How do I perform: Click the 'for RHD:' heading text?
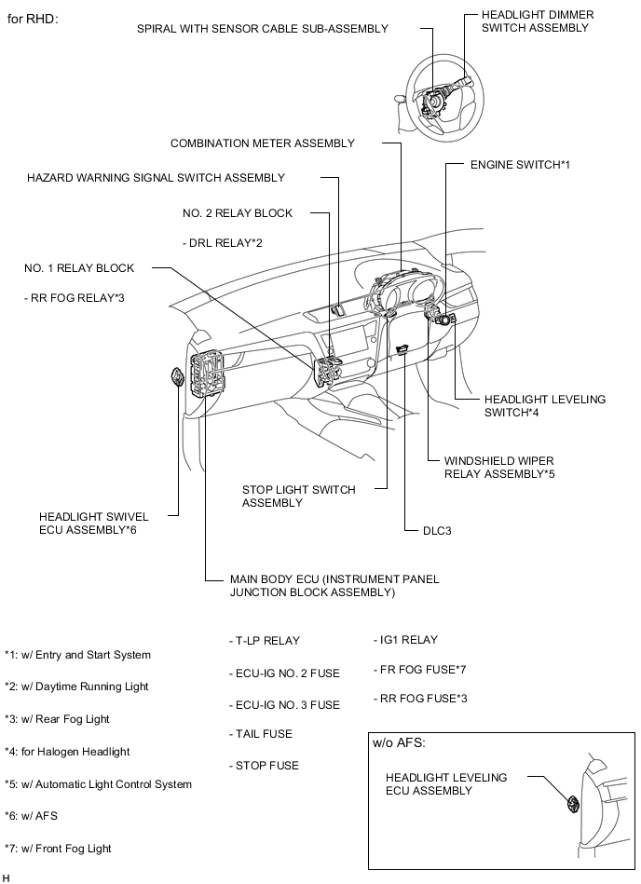(x=34, y=19)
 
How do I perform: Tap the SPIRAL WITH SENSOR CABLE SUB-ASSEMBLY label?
(x=262, y=29)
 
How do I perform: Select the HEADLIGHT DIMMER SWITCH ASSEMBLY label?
(x=537, y=21)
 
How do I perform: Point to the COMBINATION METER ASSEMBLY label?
(x=263, y=143)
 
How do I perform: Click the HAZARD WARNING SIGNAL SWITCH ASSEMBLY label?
(x=156, y=177)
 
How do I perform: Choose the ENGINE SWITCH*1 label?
(x=519, y=164)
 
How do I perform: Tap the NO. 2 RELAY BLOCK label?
(x=238, y=213)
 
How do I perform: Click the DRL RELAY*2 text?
(x=223, y=243)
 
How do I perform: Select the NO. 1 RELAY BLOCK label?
(x=79, y=268)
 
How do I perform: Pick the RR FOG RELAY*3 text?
(x=75, y=298)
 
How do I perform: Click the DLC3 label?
(x=430, y=531)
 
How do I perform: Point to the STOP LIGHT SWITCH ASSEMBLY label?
(x=298, y=496)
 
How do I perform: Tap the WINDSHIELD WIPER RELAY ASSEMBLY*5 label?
(x=499, y=467)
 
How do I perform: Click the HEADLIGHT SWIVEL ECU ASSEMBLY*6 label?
(x=88, y=523)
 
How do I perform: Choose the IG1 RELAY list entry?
(x=405, y=640)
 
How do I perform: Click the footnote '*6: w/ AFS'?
(x=41, y=816)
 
